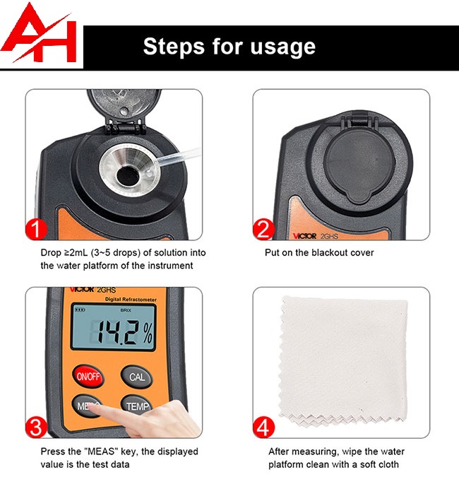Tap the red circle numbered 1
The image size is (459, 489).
(x=36, y=229)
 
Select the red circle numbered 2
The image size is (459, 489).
(x=263, y=229)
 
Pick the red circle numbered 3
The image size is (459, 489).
(x=36, y=428)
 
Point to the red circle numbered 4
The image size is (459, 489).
(x=263, y=428)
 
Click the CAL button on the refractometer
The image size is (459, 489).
(x=137, y=377)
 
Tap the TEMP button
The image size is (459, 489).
(x=137, y=405)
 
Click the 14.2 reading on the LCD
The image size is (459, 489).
(x=117, y=332)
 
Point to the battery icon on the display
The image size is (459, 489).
(x=80, y=310)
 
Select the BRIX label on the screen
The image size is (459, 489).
(x=126, y=310)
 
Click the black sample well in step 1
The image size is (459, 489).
(x=128, y=176)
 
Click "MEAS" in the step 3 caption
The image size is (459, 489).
(x=101, y=452)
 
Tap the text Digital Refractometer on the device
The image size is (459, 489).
(x=131, y=300)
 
